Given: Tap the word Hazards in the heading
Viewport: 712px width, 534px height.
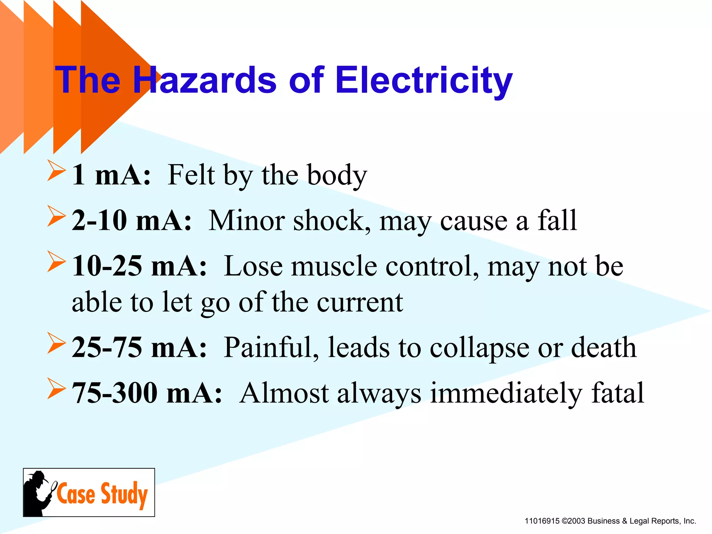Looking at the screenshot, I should pyautogui.click(x=205, y=81).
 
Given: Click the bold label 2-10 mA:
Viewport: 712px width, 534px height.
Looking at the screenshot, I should pyautogui.click(x=132, y=221).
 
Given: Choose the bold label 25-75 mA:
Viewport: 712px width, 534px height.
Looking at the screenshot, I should pyautogui.click(x=139, y=348).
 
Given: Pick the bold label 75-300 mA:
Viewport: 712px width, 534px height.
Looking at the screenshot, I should pyautogui.click(x=147, y=393).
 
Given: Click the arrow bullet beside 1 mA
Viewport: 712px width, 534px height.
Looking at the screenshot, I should pyautogui.click(x=56, y=170).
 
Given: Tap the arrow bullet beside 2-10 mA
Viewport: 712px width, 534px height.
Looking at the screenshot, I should pyautogui.click(x=56, y=216).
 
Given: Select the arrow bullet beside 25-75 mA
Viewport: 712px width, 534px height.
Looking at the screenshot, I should pyautogui.click(x=56, y=343).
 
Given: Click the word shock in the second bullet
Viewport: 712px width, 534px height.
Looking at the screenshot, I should pyautogui.click(x=332, y=221).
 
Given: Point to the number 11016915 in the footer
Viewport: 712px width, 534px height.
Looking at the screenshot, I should pyautogui.click(x=542, y=521).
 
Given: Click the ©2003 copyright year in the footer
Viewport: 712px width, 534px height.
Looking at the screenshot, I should pyautogui.click(x=573, y=521).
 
